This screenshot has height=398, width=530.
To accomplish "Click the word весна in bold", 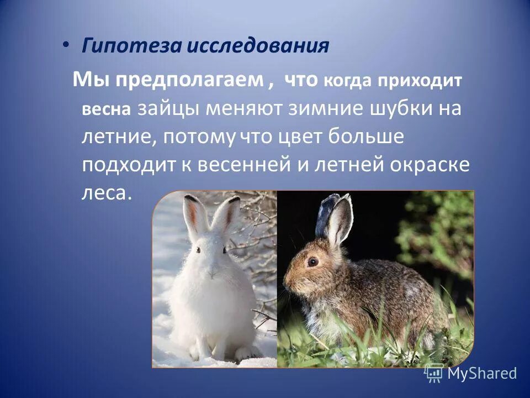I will pos(106,109).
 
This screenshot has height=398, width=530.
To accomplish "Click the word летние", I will pos(115,137).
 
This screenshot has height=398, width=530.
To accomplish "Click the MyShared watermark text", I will pos(482,373).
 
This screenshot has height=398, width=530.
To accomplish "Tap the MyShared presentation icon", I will pos(434,373).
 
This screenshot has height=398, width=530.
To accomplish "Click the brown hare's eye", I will pos(312,261).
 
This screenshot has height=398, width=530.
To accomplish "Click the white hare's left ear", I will pos(192,218).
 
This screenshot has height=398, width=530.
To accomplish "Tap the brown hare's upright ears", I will pos(333,218).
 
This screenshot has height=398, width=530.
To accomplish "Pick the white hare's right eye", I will pos(224,250).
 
